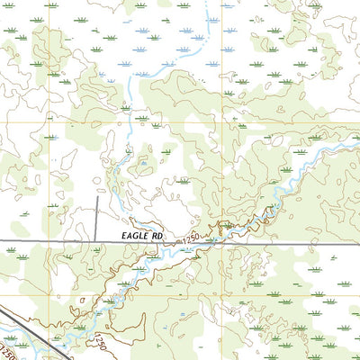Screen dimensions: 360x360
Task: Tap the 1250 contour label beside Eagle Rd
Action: coord(189,239)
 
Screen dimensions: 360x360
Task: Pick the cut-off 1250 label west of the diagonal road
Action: coord(7,346)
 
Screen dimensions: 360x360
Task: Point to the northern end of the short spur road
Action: coord(97,197)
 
